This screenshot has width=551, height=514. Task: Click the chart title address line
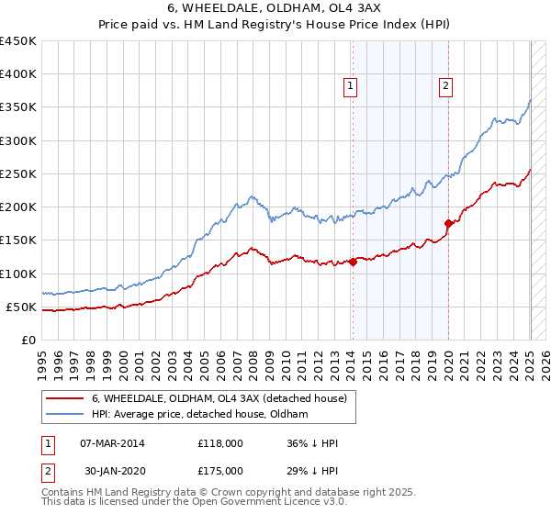click(x=275, y=8)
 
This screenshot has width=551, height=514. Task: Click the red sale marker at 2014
click(x=353, y=262)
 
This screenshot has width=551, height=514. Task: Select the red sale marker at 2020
click(x=448, y=223)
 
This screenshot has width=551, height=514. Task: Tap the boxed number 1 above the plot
click(x=350, y=87)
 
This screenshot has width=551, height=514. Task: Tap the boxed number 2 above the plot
click(x=445, y=87)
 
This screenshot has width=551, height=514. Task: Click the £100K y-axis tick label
click(x=18, y=274)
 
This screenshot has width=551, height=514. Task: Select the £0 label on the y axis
click(x=28, y=340)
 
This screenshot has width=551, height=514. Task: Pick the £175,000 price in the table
click(x=219, y=471)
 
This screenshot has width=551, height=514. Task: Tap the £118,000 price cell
click(x=219, y=443)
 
